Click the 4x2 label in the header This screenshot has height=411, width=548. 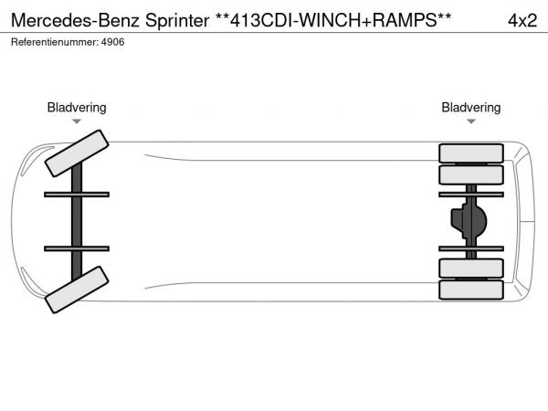522,19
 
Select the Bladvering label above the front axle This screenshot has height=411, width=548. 77,108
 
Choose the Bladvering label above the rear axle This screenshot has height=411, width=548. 471,108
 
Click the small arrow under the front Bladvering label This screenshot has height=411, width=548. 77,121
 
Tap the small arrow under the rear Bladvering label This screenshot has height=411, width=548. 471,121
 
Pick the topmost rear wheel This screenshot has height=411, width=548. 471,153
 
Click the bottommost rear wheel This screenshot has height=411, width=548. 471,290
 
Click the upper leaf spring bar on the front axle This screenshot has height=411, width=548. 77,195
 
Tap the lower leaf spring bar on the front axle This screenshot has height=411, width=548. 77,248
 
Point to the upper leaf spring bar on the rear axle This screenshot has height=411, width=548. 471,195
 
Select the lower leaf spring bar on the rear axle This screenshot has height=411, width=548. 471,248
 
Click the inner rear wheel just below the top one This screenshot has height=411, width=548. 471,174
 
